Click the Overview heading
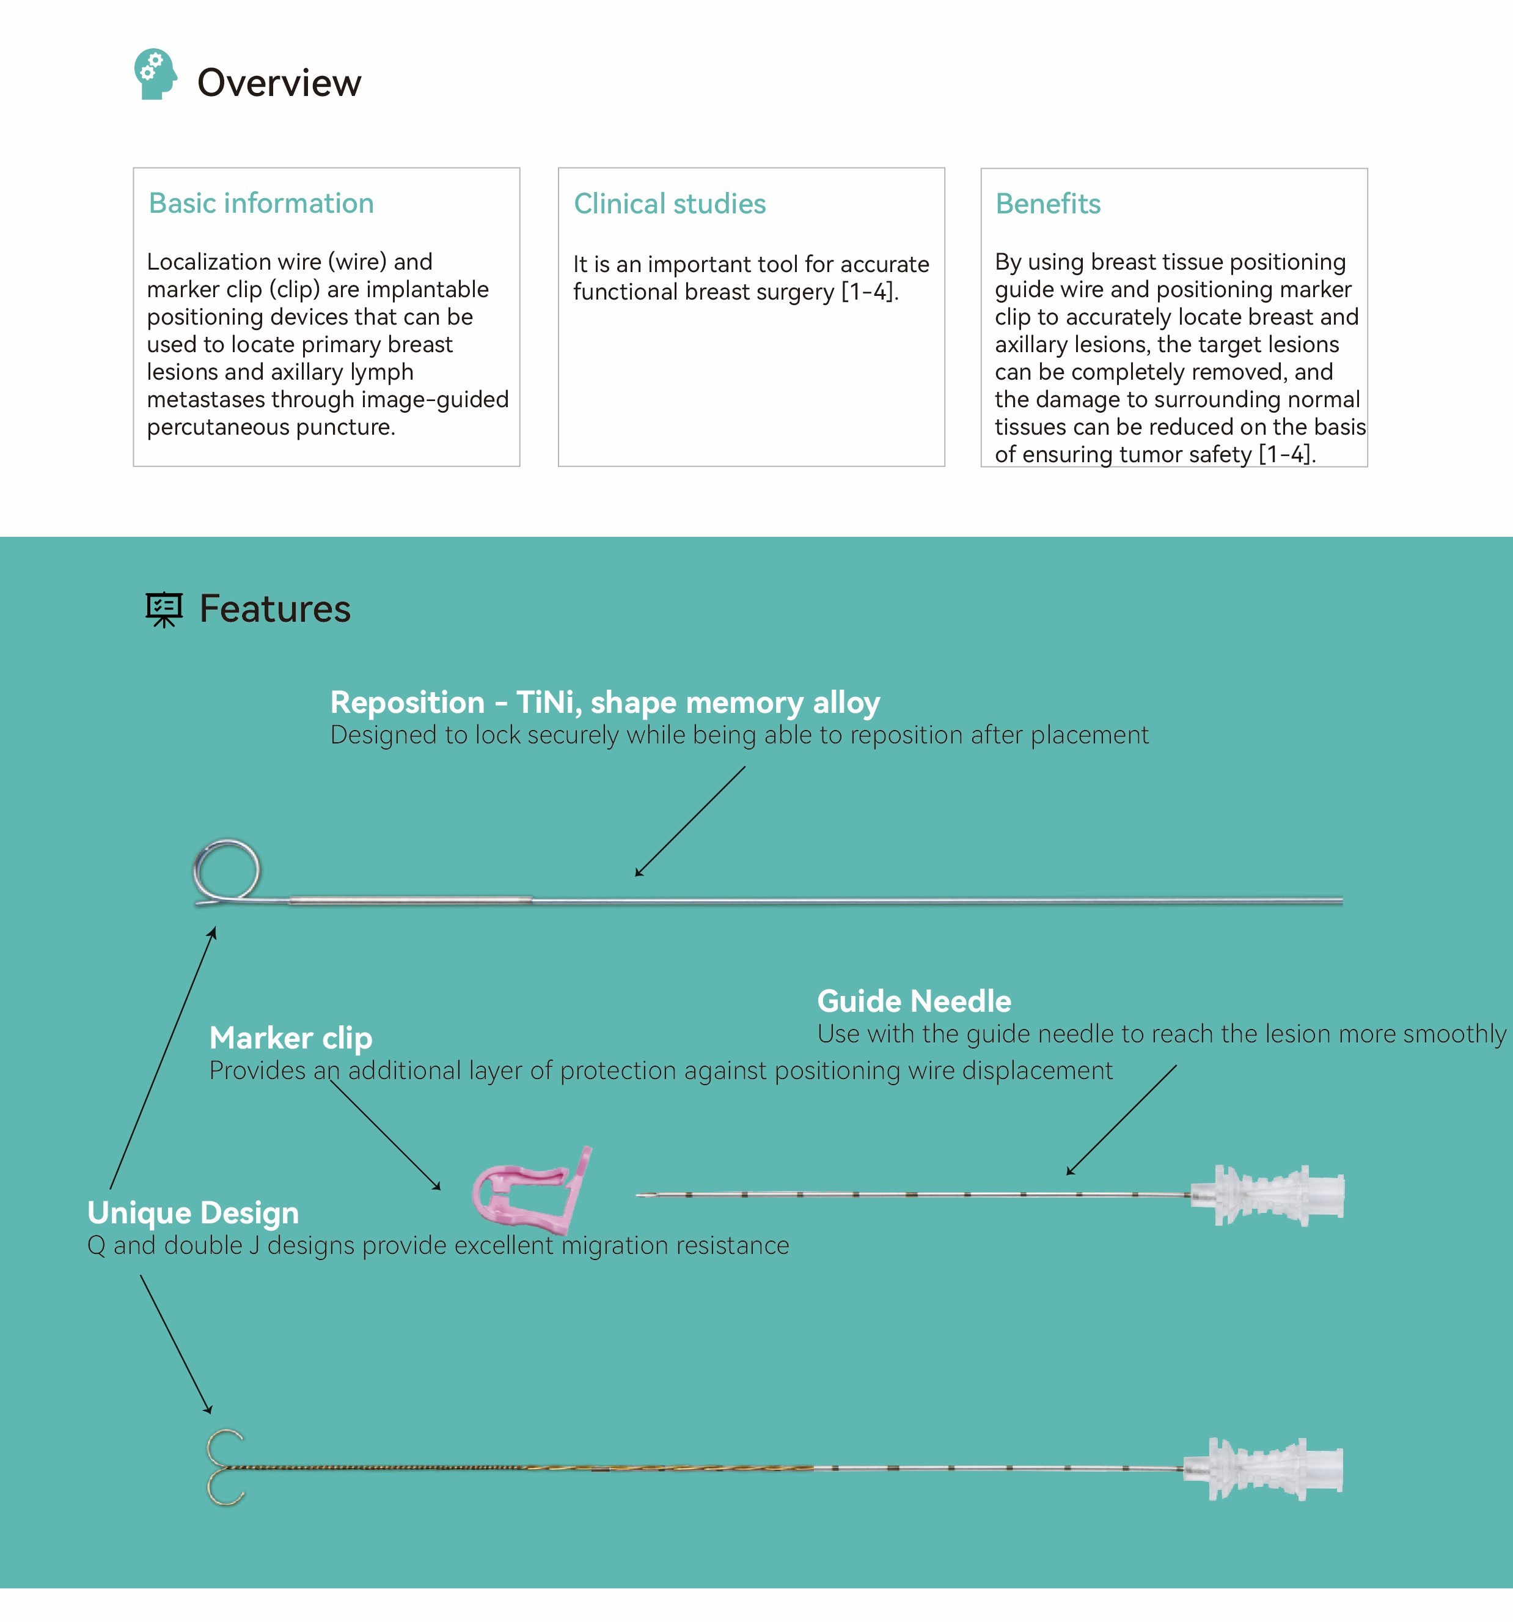279,83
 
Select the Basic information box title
261,203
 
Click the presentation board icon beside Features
164,610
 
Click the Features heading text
275,609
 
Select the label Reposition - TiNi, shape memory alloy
605,702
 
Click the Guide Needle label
914,1001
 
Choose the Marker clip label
291,1038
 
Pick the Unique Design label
193,1212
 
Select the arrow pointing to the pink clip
385,1135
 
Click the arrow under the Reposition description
690,822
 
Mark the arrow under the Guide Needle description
1121,1120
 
